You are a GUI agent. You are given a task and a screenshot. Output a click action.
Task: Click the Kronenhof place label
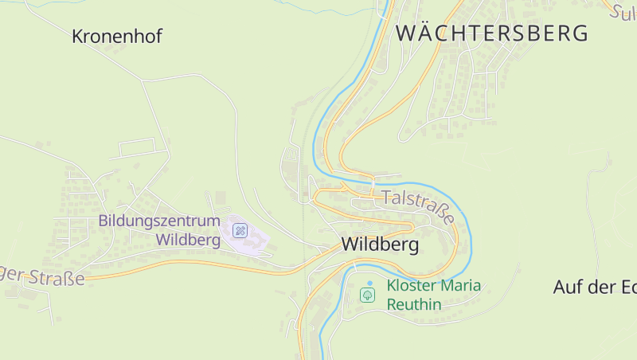click(x=116, y=36)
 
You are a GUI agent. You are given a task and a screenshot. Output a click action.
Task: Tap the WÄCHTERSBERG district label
click(x=492, y=33)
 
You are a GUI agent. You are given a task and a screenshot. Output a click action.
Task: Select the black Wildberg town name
click(x=380, y=245)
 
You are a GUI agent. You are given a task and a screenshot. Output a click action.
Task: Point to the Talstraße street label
click(x=417, y=206)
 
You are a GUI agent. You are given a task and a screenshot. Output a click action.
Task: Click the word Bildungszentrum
click(x=159, y=220)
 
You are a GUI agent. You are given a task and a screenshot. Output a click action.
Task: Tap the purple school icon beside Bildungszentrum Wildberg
click(x=240, y=231)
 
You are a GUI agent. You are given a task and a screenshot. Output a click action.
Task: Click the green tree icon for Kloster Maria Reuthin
click(x=368, y=295)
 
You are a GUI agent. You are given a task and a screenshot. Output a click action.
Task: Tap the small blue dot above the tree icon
click(x=369, y=283)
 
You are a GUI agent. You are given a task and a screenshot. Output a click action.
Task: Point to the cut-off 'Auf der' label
click(x=594, y=288)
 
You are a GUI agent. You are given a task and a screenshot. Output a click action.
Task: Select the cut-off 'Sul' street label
click(x=624, y=11)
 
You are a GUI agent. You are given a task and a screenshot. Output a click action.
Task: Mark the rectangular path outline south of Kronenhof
click(x=136, y=147)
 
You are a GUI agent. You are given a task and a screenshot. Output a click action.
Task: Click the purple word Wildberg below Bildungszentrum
click(x=188, y=238)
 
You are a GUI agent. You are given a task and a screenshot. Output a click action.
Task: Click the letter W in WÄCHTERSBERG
click(x=406, y=33)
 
